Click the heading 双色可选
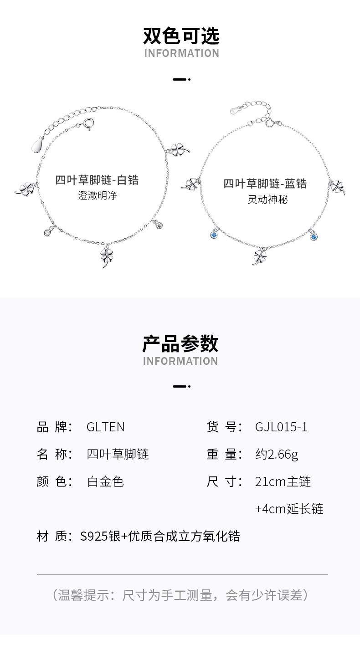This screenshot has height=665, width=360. point(181,36)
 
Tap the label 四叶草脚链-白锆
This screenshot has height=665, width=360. point(97,180)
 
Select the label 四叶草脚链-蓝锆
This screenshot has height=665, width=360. point(265,184)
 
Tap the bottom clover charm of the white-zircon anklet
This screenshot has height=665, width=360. point(106,256)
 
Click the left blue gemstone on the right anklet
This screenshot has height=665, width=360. point(213,235)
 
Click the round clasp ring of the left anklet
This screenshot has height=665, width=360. point(89,123)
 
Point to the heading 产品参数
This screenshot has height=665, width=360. point(180,343)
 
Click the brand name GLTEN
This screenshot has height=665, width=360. point(105,427)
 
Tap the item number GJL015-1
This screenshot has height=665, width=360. point(281,427)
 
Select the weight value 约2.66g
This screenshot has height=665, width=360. point(277,454)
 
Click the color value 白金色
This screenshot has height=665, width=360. point(105,481)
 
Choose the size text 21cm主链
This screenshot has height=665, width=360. point(283,481)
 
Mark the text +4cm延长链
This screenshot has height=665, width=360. point(289,509)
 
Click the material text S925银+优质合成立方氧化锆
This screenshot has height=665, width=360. point(159,536)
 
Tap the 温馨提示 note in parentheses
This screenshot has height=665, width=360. point(180,594)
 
